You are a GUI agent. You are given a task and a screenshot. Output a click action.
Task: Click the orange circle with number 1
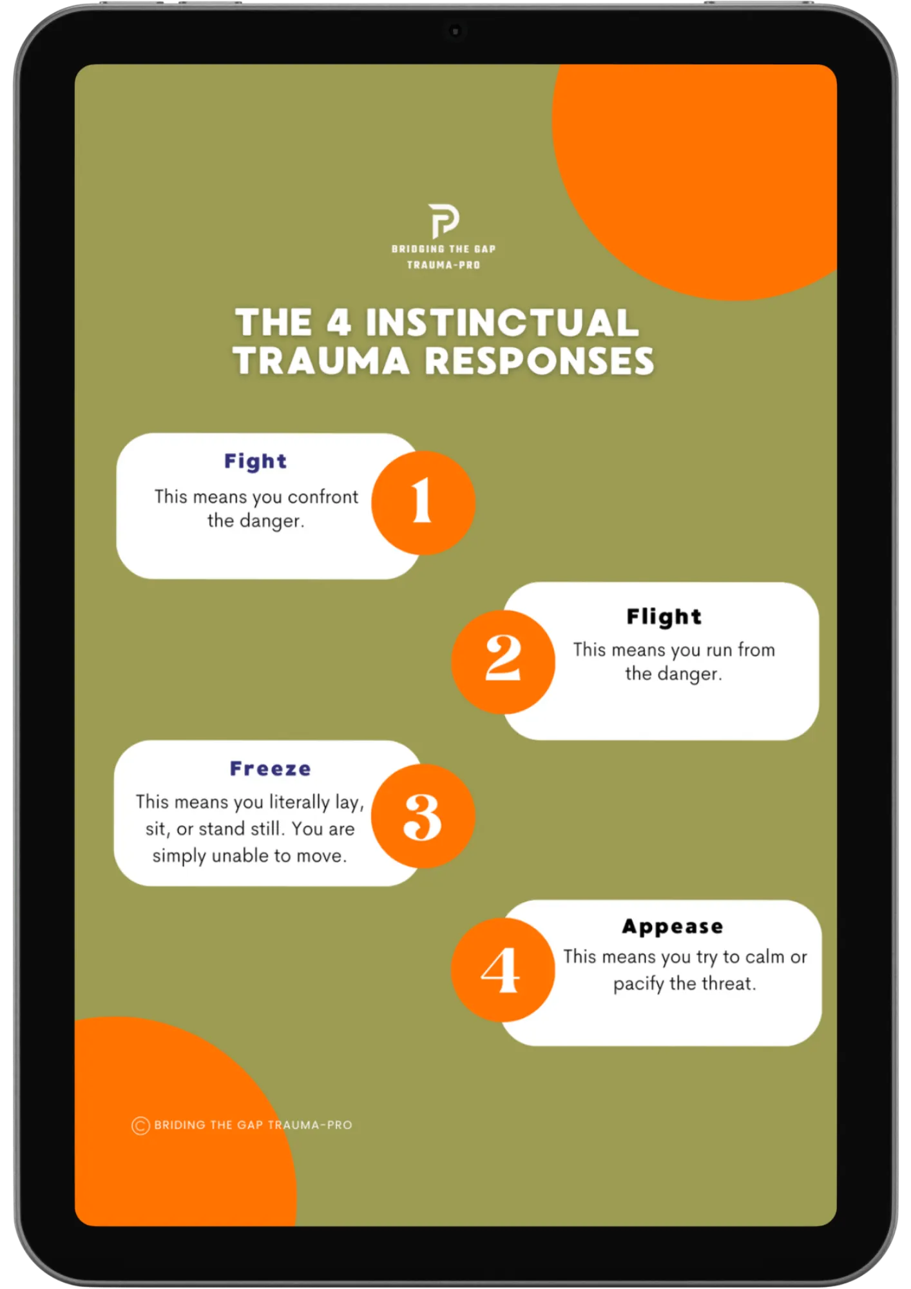pyautogui.click(x=423, y=502)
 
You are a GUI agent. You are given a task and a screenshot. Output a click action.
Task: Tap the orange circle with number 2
pyautogui.click(x=503, y=661)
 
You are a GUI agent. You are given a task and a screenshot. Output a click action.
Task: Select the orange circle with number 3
pyautogui.click(x=423, y=815)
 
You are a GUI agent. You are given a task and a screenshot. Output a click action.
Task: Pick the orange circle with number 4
pyautogui.click(x=503, y=969)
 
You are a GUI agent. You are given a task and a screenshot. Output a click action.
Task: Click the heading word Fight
pyautogui.click(x=256, y=461)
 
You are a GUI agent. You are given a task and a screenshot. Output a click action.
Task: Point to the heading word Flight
pyautogui.click(x=664, y=617)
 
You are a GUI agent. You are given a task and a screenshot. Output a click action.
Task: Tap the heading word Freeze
pyautogui.click(x=271, y=768)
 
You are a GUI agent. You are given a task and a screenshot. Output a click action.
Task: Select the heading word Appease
pyautogui.click(x=673, y=927)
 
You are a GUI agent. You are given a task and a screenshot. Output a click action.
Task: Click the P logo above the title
pyautogui.click(x=444, y=220)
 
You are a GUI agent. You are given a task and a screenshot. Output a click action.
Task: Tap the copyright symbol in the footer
pyautogui.click(x=140, y=1125)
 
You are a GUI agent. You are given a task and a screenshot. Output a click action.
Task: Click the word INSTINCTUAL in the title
pyautogui.click(x=503, y=322)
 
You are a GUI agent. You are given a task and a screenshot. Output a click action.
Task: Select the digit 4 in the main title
pyautogui.click(x=339, y=322)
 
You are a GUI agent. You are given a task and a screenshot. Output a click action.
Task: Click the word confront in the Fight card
pyautogui.click(x=323, y=497)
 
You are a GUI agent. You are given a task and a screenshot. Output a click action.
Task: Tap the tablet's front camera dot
pyautogui.click(x=455, y=31)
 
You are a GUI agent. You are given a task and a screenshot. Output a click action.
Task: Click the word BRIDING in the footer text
pyautogui.click(x=180, y=1125)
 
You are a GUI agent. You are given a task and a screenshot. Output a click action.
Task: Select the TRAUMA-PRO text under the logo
pyautogui.click(x=443, y=265)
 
